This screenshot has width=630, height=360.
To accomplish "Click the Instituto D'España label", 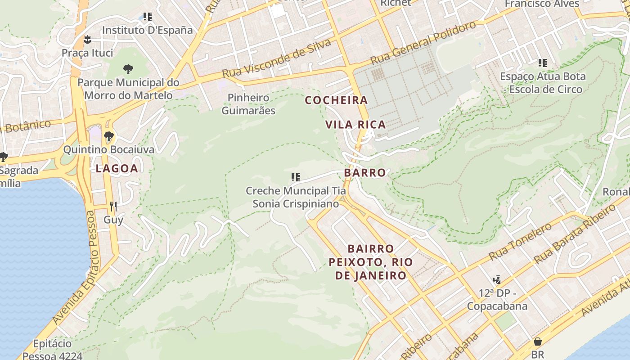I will pos(147,30).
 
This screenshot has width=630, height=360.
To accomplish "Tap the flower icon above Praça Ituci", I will pos(88,40).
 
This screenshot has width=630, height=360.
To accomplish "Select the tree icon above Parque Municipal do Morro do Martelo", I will pos(128,69).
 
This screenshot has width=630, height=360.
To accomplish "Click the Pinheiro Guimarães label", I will pos(248,104).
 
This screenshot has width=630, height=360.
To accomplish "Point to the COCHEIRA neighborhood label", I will pos(337,100).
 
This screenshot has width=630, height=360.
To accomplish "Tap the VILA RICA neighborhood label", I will pos(355,125).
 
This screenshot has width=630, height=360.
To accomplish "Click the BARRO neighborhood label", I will pos(365,173).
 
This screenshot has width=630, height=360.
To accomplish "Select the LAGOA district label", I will pos(117,168).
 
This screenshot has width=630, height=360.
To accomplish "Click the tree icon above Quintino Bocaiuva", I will pos(108,136).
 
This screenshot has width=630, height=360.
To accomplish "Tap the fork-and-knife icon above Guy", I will pos(113,207).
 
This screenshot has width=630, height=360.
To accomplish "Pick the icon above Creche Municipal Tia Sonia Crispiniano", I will pos(295,177).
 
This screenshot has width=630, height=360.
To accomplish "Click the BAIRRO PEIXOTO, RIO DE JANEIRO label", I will pos(371,262).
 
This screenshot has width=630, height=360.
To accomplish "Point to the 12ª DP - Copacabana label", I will pos(497,300).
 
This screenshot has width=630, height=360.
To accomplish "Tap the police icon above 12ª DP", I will pos(497,280).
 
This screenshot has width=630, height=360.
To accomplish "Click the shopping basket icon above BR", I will pos(537,342).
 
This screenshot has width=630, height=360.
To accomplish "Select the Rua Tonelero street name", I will pos(520,242).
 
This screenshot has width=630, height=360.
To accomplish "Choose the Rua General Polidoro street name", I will pos(423,43).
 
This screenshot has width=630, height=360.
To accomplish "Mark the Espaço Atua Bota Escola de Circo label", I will pos(543,83).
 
